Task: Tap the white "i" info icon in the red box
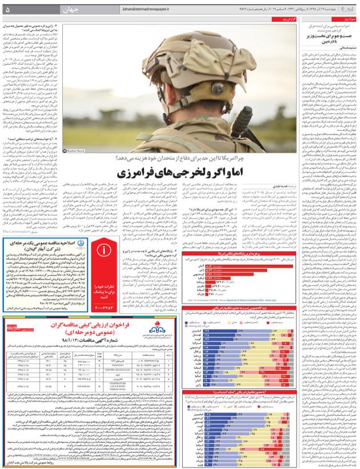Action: (x=104, y=250)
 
